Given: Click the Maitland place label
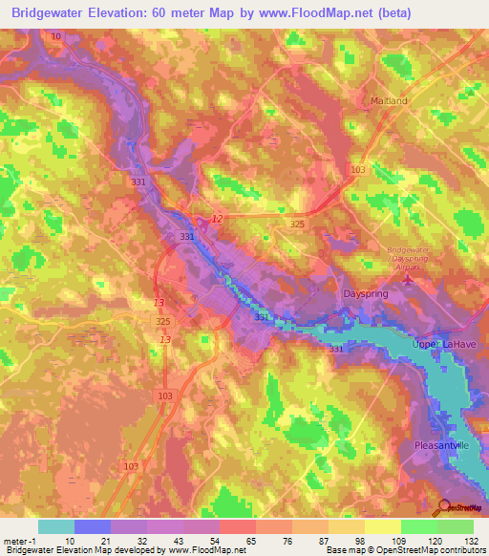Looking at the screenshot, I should (x=389, y=100).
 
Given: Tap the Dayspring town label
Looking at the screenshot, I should (x=364, y=295).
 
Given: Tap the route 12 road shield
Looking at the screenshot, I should (x=217, y=219).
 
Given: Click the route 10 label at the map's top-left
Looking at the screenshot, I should (x=57, y=35).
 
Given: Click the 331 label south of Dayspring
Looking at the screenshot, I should (x=336, y=350).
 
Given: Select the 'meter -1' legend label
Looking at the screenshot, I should (x=18, y=540).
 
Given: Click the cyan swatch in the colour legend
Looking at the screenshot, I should (x=56, y=526).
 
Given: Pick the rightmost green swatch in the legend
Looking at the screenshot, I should (x=456, y=526).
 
